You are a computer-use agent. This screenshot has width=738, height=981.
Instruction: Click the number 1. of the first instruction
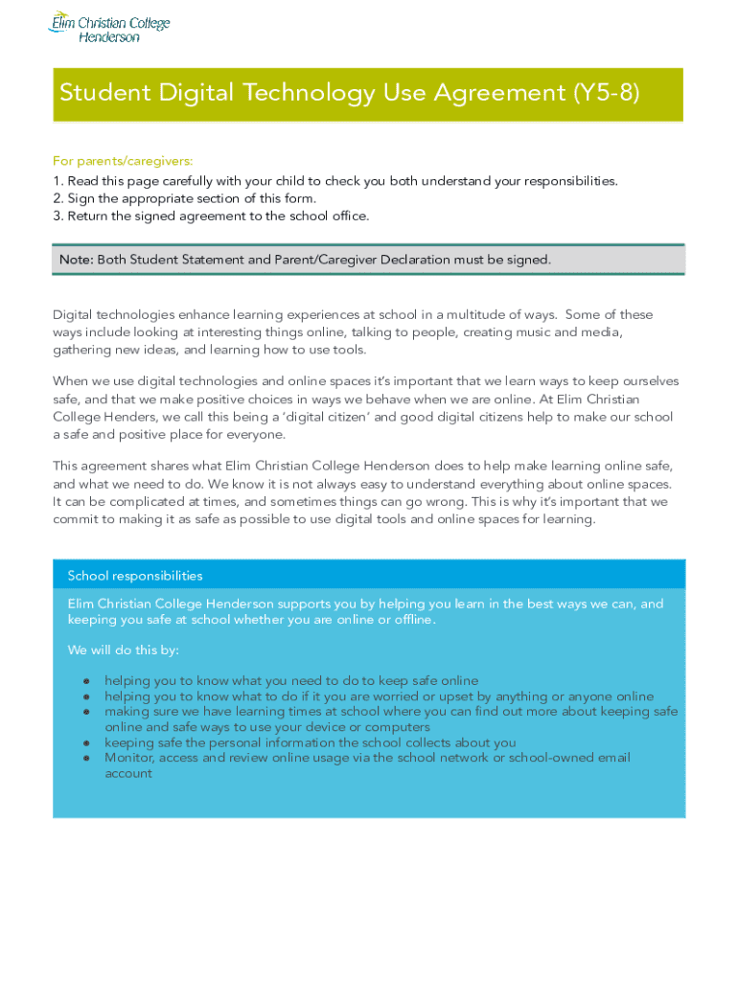tap(58, 181)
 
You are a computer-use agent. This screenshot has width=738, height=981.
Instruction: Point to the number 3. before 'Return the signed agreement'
tap(58, 216)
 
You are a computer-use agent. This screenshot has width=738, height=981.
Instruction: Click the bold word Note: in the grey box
tap(76, 260)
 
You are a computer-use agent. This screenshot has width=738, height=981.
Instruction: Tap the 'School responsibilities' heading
tap(135, 576)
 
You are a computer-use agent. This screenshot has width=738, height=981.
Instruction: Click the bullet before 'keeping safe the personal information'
tap(86, 743)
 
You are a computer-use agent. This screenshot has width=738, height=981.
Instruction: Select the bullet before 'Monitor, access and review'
tap(86, 759)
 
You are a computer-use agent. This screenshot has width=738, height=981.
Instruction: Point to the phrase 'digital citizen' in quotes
tap(265, 417)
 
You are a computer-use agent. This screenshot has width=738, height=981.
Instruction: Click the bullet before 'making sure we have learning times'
tap(86, 713)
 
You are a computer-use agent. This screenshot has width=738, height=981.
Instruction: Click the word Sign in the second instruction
tap(81, 198)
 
